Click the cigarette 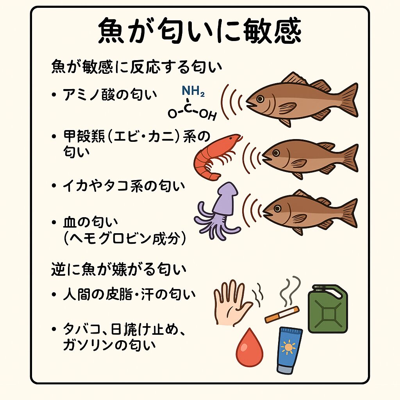click(282, 314)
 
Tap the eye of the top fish click(260, 98)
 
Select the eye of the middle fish click(275, 153)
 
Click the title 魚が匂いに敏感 click(200, 30)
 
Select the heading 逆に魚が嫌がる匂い click(119, 270)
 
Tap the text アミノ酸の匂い click(110, 95)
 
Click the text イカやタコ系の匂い click(124, 186)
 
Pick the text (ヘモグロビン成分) click(125, 239)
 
